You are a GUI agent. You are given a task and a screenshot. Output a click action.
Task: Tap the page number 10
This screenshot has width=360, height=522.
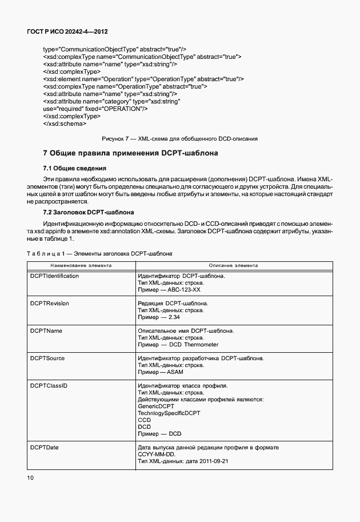click(30, 476)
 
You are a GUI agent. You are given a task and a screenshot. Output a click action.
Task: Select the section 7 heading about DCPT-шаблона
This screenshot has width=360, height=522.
click(130, 153)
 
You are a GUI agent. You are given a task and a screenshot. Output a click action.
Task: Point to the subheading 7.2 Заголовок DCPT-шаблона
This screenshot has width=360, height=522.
click(89, 212)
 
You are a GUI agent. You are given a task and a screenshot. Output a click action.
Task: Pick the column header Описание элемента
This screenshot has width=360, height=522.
click(233, 265)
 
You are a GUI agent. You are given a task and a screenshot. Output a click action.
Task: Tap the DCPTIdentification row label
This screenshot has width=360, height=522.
click(54, 276)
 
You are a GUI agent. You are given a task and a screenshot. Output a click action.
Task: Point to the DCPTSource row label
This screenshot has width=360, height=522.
click(47, 358)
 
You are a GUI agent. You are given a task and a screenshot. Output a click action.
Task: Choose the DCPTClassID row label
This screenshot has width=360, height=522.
click(49, 385)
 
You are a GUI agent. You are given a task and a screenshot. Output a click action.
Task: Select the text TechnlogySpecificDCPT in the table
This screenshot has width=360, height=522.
click(169, 413)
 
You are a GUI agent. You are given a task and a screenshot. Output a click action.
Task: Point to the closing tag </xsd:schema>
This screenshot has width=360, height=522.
click(65, 123)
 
